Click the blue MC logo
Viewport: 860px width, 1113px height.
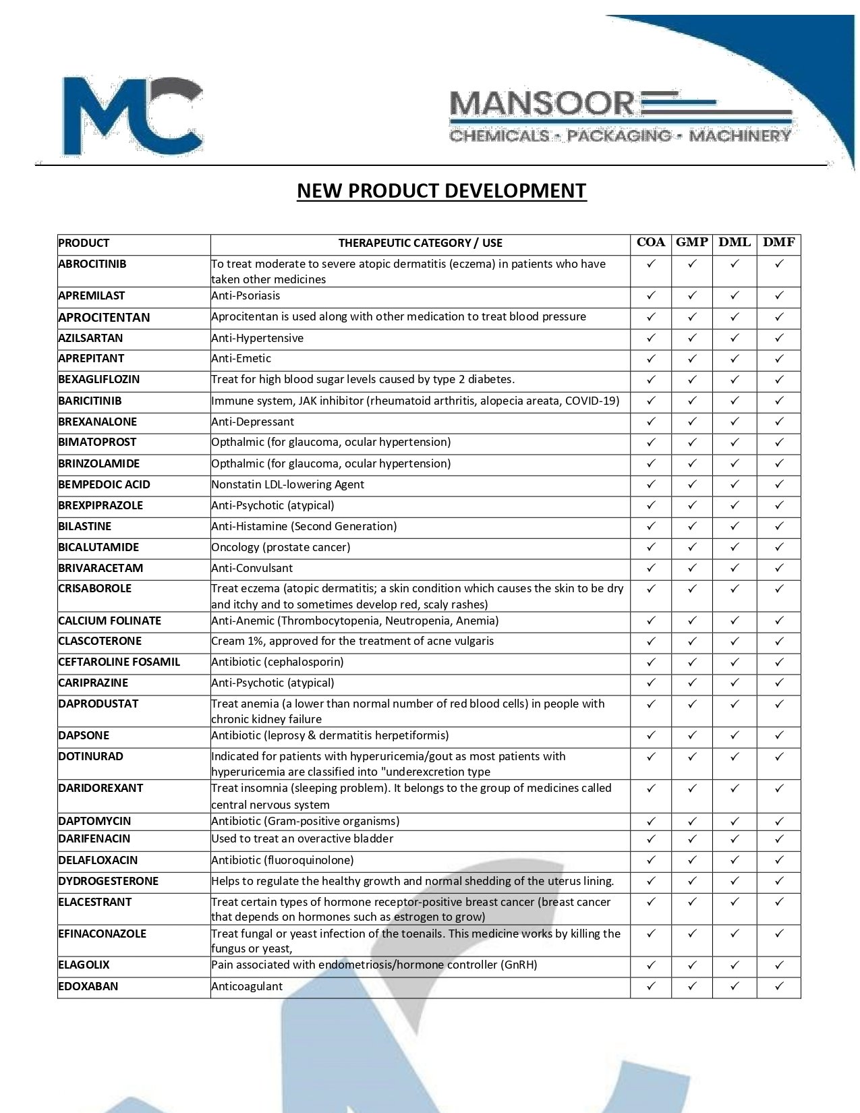click(132, 116)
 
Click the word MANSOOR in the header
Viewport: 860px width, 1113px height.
click(542, 105)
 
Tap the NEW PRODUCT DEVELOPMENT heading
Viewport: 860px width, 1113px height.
click(442, 191)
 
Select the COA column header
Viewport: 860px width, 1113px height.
click(651, 243)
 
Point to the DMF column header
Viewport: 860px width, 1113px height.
click(779, 243)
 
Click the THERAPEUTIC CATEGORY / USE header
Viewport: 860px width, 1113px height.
click(420, 244)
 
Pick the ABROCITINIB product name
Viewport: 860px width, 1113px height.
click(92, 264)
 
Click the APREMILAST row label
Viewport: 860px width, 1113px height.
click(92, 295)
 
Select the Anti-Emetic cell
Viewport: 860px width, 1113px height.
click(241, 358)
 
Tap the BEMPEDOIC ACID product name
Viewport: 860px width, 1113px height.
click(104, 484)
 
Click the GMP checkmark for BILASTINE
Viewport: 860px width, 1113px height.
click(692, 525)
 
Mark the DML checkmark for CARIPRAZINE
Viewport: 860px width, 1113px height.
click(735, 682)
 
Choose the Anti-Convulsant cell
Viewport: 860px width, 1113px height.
click(252, 568)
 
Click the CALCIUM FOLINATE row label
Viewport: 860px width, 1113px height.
click(110, 621)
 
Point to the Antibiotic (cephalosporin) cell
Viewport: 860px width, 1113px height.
click(278, 662)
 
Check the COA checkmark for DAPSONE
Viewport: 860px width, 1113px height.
click(651, 735)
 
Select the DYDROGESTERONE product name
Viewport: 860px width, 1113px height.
click(109, 881)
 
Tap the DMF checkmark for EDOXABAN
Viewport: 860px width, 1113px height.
click(779, 986)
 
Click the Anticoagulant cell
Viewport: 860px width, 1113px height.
click(247, 986)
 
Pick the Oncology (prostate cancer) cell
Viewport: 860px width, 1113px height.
click(281, 547)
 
